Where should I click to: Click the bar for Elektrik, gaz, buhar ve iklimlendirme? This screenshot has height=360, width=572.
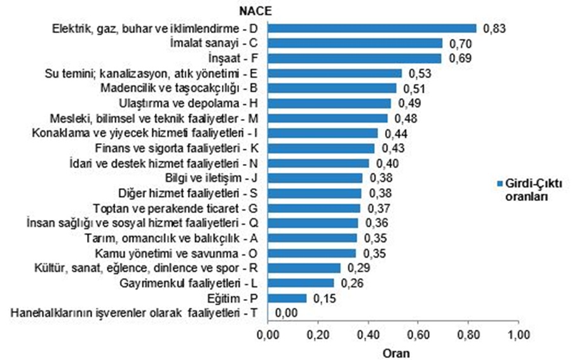click(372, 28)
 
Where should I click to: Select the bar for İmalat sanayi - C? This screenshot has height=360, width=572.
click(355, 43)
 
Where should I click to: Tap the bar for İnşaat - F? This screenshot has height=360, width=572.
click(353, 59)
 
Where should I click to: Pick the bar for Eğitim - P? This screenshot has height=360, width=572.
click(287, 298)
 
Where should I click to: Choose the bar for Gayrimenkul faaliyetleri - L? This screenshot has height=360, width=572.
click(301, 282)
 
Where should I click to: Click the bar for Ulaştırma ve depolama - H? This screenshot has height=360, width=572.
click(329, 103)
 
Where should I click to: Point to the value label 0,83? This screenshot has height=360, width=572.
click(494, 28)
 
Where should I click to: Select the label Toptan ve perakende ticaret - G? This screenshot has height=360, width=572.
click(174, 208)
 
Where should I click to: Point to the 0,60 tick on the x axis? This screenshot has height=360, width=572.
click(418, 334)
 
